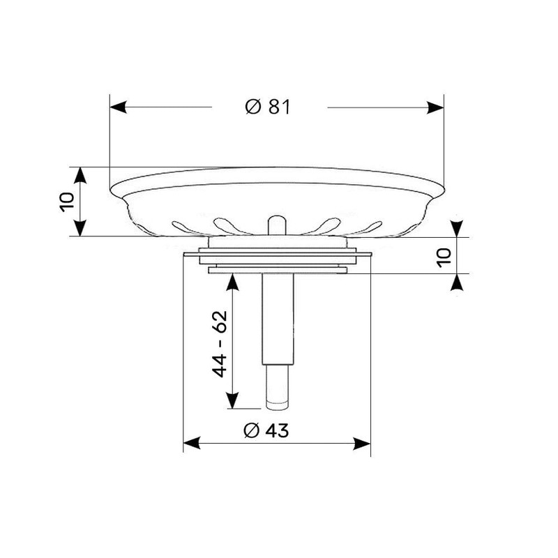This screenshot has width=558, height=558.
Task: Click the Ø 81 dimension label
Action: [x=268, y=107]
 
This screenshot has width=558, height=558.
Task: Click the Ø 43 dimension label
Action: [x=266, y=431]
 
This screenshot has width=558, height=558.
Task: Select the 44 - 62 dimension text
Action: [x=220, y=345]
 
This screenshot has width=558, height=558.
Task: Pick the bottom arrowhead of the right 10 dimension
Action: [x=457, y=281]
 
